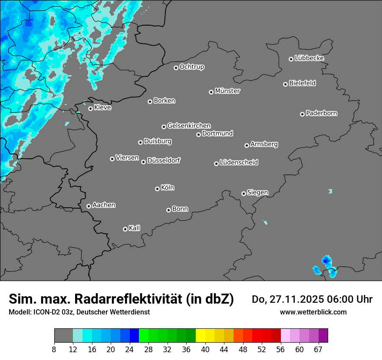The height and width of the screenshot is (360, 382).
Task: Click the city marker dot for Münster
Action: coord(211,92)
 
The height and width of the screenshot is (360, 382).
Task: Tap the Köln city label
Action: coord(168,188)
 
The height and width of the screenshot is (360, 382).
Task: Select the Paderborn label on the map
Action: coord(322,113)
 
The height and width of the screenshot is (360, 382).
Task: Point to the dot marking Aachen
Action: coord(89,206)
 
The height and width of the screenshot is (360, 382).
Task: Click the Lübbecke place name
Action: coord(309,58)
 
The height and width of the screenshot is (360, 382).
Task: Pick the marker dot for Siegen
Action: coord(244,193)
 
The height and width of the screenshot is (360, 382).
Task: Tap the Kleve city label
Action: coord(102,108)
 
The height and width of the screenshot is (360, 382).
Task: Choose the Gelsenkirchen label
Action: coord(189,126)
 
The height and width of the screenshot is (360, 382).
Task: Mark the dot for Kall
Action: coord(125,229)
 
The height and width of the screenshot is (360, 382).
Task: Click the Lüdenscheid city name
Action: coord(239,163)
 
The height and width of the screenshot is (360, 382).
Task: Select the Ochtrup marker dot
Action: coord(176,68)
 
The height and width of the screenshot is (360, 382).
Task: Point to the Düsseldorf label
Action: coord(164,160)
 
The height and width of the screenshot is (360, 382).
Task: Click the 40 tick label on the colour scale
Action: coord(205,349)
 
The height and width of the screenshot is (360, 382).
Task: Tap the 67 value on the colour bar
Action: coord(318,349)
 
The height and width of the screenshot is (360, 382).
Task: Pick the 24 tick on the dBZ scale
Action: coord(129,349)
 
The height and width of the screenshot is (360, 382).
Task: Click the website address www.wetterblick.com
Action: coord(313,312)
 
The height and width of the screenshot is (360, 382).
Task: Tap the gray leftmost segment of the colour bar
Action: coord(63,336)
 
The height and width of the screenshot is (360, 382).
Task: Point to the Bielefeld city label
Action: coord(302,83)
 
